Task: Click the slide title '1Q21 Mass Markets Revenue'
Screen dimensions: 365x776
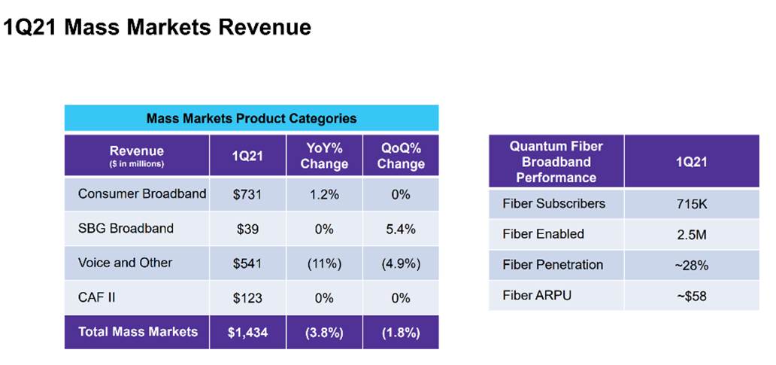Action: click(x=157, y=28)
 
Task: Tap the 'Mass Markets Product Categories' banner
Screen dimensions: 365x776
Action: click(x=251, y=118)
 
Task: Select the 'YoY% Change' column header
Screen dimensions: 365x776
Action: click(x=324, y=156)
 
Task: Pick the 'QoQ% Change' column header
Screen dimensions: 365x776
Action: click(x=401, y=156)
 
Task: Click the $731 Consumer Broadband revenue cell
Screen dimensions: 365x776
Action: click(x=247, y=194)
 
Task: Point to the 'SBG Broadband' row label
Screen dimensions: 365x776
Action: click(x=126, y=228)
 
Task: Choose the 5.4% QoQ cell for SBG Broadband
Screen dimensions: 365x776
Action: click(x=401, y=228)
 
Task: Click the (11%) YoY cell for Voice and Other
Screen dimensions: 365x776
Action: click(x=324, y=263)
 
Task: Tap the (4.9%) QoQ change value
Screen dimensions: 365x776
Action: click(x=401, y=263)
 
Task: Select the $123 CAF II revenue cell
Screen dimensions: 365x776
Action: click(x=247, y=298)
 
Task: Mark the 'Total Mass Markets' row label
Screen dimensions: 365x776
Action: click(x=138, y=331)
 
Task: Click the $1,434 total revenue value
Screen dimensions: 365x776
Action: click(x=247, y=332)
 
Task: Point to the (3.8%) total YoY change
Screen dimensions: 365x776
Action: click(x=324, y=332)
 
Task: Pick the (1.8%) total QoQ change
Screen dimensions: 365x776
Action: click(x=401, y=332)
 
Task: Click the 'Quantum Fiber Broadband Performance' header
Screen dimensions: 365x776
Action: click(x=556, y=162)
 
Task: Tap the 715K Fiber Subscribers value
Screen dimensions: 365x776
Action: click(x=691, y=204)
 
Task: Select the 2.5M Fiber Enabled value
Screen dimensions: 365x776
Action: click(x=691, y=235)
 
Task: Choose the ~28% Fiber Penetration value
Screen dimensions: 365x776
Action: click(x=691, y=265)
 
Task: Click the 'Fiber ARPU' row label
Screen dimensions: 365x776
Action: click(x=537, y=295)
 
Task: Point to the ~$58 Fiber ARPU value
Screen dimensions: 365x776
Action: click(x=691, y=296)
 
